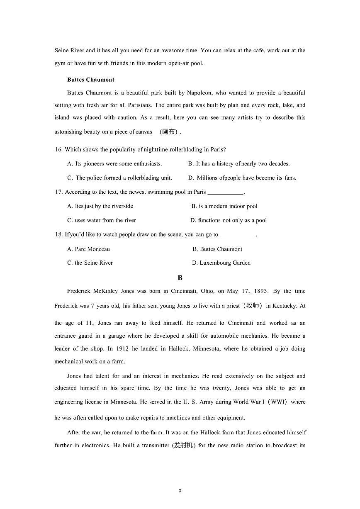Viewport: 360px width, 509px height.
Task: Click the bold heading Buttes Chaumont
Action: pyautogui.click(x=90, y=80)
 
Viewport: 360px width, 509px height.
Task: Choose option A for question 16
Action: pyautogui.click(x=114, y=163)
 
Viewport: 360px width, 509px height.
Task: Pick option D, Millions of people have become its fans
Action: pyautogui.click(x=242, y=178)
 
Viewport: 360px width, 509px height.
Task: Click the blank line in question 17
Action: pyautogui.click(x=225, y=192)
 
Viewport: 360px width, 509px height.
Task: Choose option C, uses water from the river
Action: pyautogui.click(x=102, y=220)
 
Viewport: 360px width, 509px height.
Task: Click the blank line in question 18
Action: pyautogui.click(x=238, y=235)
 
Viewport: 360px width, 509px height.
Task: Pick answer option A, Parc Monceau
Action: pyautogui.click(x=89, y=249)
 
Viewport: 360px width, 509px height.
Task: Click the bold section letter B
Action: pyautogui.click(x=180, y=278)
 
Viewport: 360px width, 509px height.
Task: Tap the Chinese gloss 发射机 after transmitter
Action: pyautogui.click(x=184, y=446)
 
